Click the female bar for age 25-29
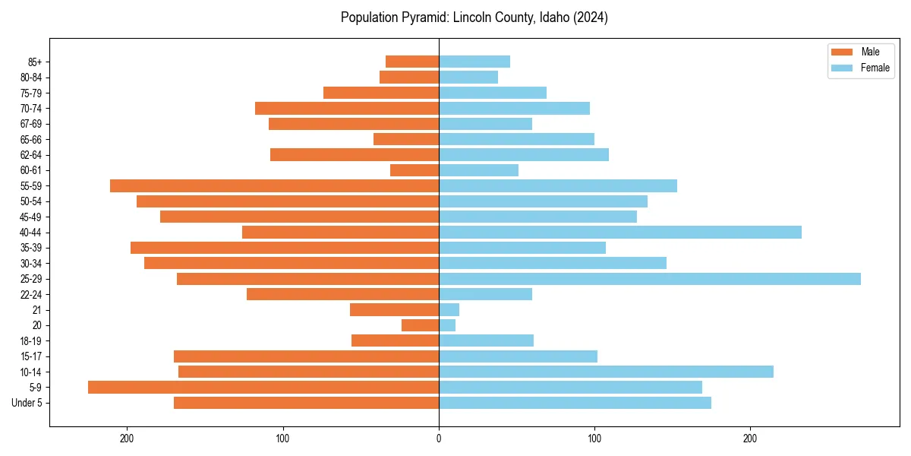650,279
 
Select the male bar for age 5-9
263,388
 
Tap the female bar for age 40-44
620,233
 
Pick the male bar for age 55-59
274,186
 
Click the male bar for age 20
420,325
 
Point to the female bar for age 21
449,310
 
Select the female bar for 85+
474,62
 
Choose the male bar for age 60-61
415,170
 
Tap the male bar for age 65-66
406,139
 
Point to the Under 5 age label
27,403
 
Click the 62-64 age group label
31,155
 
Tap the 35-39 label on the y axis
31,248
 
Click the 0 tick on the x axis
439,439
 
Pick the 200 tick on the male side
127,439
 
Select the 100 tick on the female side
594,439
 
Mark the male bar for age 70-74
347,109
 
